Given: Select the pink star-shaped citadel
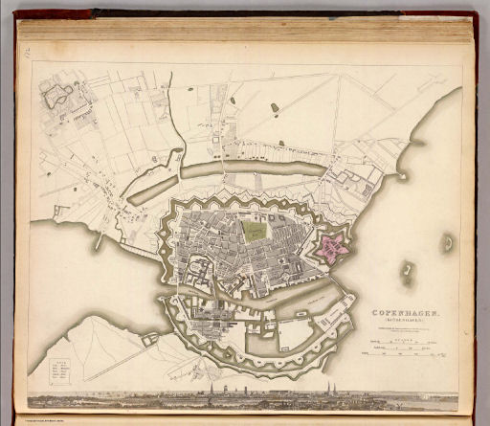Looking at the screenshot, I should point(332,247).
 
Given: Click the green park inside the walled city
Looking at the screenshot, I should point(256,230).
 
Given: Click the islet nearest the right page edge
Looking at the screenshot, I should point(447,244).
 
